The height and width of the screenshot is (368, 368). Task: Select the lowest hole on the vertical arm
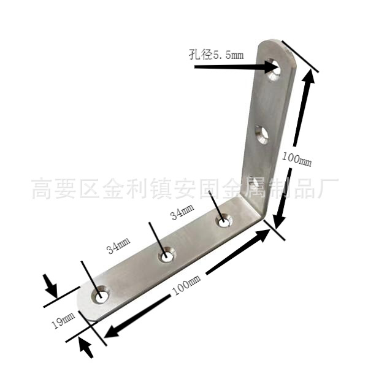[253, 182]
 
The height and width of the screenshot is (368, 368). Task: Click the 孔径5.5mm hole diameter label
[217, 55]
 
